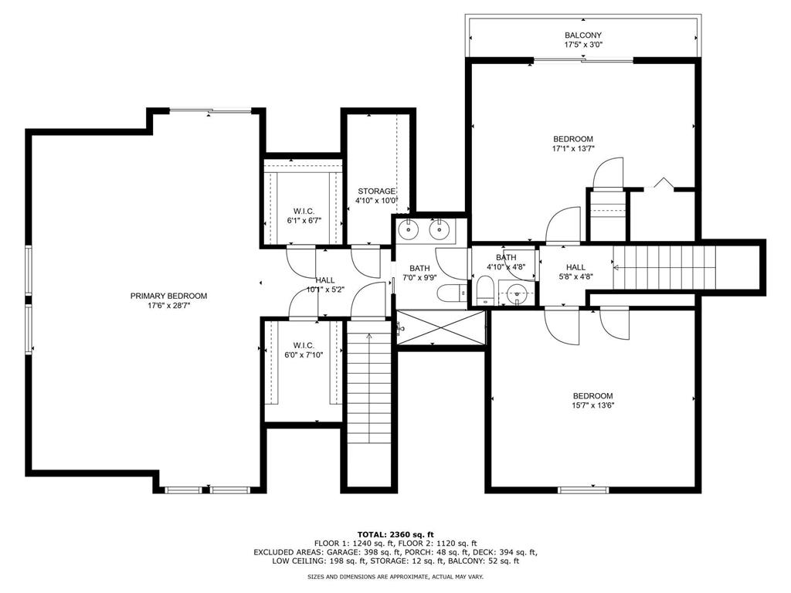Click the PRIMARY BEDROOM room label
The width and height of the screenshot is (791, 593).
168,296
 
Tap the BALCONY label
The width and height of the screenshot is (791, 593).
582,36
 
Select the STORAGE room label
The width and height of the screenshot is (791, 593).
376,191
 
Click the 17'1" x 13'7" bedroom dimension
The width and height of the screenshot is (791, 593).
573,149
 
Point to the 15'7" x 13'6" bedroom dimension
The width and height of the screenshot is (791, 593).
592,405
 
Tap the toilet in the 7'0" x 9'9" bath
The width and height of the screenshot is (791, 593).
451,293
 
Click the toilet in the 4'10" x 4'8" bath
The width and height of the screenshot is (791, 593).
485,290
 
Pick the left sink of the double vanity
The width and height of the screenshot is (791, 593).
408,229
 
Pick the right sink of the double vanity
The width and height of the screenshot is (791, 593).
440,229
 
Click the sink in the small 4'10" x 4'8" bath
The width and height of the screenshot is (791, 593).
516,293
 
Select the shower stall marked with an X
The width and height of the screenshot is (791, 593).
440,327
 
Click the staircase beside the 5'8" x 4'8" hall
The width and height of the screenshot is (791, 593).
664,268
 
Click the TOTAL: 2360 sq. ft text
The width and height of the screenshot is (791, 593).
395,534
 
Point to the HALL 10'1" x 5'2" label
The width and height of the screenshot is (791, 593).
325,285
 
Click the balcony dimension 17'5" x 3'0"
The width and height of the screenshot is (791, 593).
583,45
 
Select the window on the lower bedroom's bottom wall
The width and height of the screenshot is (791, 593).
584,490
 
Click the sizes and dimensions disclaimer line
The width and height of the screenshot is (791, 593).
395,576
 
